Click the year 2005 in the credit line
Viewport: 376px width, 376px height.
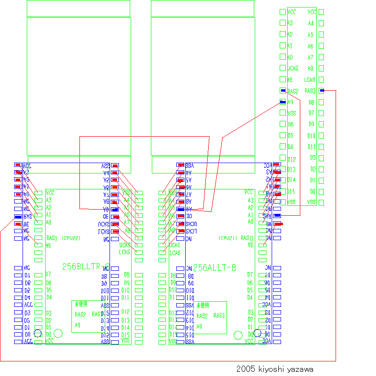pyautogui.click(x=245, y=369)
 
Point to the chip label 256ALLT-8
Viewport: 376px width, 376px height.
pyautogui.click(x=215, y=268)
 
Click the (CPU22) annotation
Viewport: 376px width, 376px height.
pyautogui.click(x=71, y=238)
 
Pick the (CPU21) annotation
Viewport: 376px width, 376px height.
pyautogui.click(x=227, y=238)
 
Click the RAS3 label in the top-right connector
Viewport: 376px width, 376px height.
pyautogui.click(x=310, y=91)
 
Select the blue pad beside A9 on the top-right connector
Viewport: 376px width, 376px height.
pyautogui.click(x=282, y=102)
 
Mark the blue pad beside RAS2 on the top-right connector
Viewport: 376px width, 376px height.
pyautogui.click(x=282, y=90)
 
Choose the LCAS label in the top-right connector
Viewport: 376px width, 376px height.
pyautogui.click(x=310, y=80)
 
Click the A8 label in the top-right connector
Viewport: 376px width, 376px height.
pyautogui.click(x=311, y=69)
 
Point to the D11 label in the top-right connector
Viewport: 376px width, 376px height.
pyautogui.click(x=312, y=147)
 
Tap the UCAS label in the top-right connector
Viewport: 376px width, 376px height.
pyautogui.click(x=292, y=69)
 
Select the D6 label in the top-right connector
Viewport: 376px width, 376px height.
pyautogui.click(x=290, y=124)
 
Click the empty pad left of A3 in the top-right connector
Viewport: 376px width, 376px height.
pyautogui.click(x=282, y=23)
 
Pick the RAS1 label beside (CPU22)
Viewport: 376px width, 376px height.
pyautogui.click(x=51, y=238)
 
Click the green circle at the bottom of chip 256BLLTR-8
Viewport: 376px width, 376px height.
pyautogui.click(x=58, y=333)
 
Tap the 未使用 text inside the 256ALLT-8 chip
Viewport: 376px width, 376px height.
pyautogui.click(x=202, y=305)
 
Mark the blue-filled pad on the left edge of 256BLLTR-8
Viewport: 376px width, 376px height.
pyautogui.click(x=18, y=217)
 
